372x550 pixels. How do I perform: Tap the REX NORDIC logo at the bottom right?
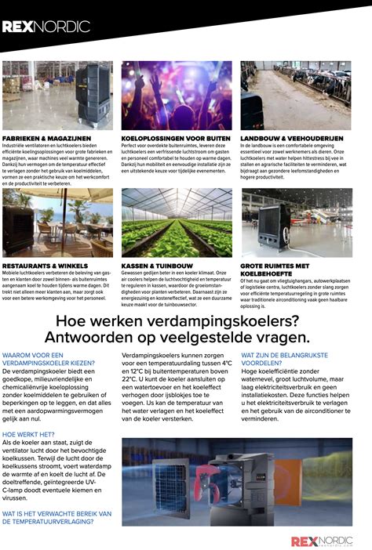(322, 541)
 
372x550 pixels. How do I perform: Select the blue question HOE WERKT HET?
(28, 433)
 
